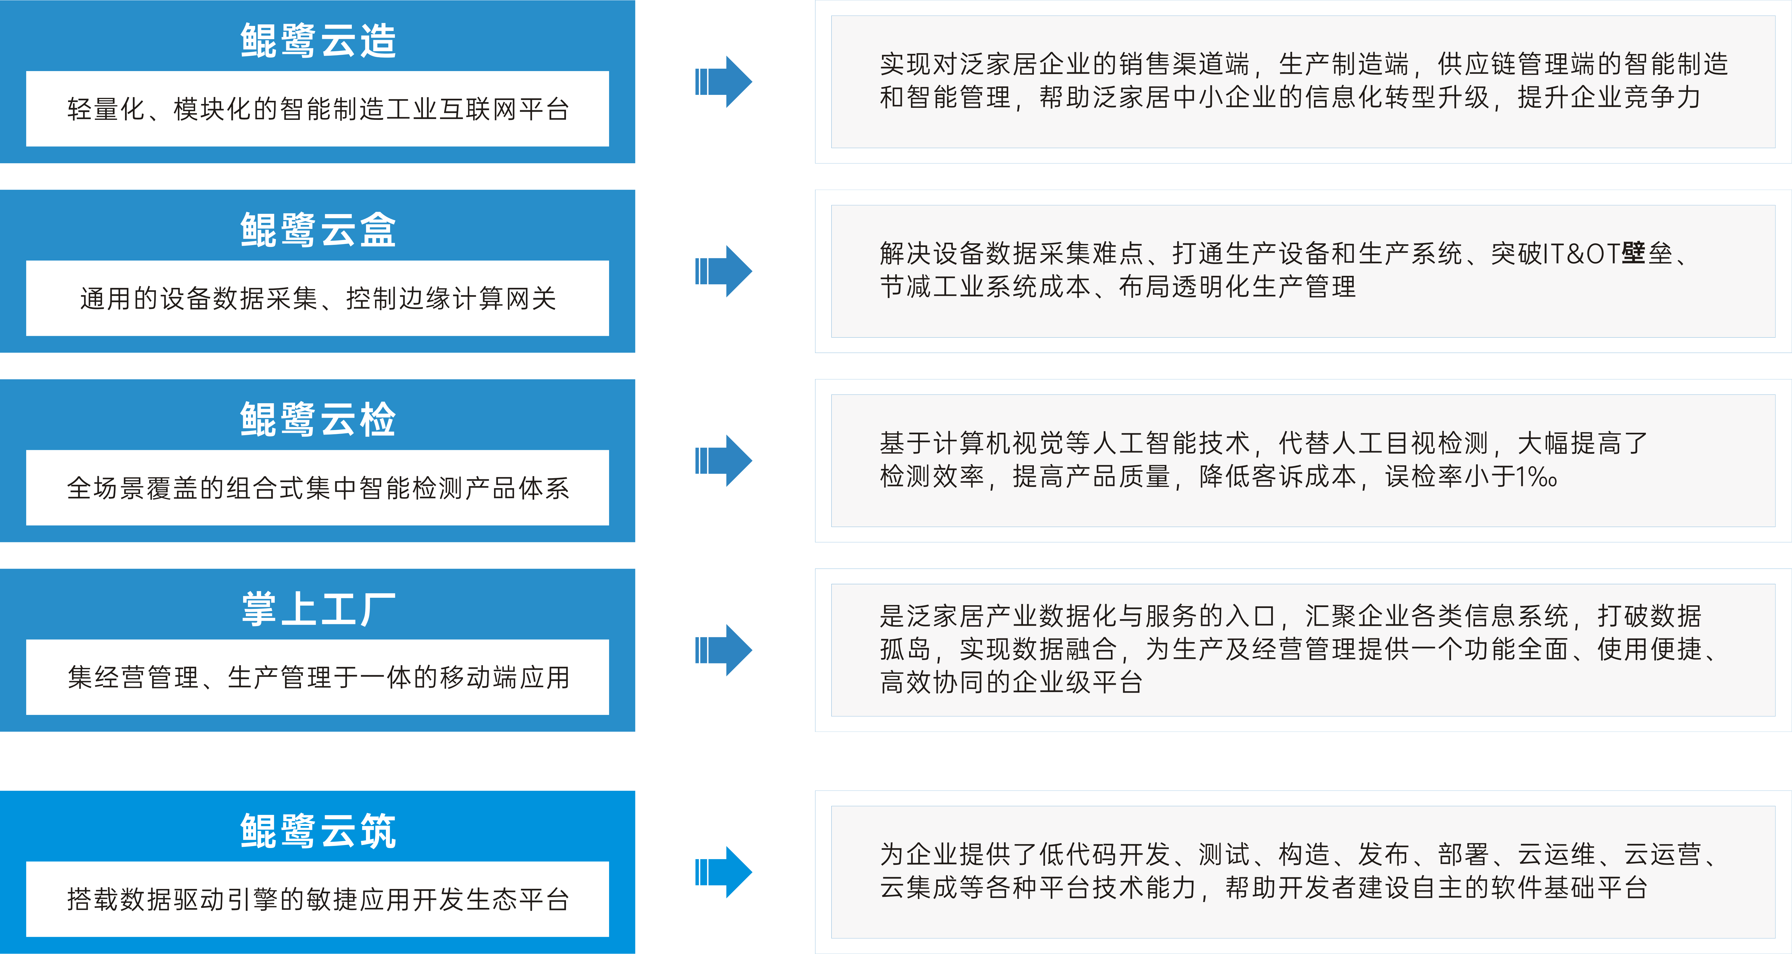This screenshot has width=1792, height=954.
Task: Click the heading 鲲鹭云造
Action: pyautogui.click(x=318, y=40)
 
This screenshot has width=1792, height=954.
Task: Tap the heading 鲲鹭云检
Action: pyautogui.click(x=318, y=419)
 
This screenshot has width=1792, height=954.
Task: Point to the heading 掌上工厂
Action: pyautogui.click(x=318, y=609)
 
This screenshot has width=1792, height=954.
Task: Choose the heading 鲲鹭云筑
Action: pyautogui.click(x=318, y=831)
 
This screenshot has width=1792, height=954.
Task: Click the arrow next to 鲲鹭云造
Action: pyautogui.click(x=724, y=81)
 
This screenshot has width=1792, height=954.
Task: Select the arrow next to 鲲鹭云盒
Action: pyautogui.click(x=724, y=271)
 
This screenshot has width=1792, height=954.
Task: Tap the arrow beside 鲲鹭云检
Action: pyautogui.click(x=724, y=460)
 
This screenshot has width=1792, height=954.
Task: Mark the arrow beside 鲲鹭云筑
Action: pyautogui.click(x=724, y=872)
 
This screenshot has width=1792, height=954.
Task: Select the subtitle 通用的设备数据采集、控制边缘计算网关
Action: pyautogui.click(x=318, y=298)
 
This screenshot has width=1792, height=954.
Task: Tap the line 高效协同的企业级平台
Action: pyautogui.click(x=1011, y=682)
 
